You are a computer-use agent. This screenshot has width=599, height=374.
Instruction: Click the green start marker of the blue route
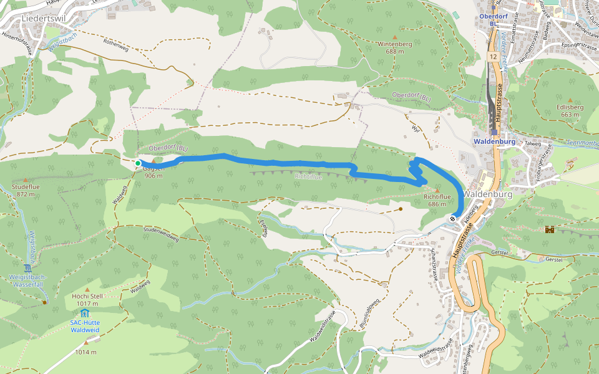pos(138,163)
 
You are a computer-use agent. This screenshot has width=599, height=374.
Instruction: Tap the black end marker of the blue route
pos(452,218)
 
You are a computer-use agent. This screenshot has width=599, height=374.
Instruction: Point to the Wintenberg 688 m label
pos(394,48)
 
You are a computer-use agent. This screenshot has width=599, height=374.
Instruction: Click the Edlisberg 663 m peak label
pos(572,110)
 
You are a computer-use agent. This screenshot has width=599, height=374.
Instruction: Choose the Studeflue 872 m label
pos(25,190)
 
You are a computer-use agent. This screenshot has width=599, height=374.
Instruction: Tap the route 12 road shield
pos(493,57)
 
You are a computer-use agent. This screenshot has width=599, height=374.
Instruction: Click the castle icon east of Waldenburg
pos(550,229)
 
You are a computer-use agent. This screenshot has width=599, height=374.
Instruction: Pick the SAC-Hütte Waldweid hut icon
pos(85,312)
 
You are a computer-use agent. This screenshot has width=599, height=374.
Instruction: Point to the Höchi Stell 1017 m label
pos(87,300)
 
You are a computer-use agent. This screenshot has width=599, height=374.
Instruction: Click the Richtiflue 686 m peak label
pos(437,200)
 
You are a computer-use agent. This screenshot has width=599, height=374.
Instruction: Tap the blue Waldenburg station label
pos(494,141)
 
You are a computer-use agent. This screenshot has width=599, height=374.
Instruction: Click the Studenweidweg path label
pos(161,234)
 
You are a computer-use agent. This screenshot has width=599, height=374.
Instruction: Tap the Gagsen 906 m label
pos(153,171)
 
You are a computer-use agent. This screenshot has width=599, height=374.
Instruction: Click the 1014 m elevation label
pos(86,352)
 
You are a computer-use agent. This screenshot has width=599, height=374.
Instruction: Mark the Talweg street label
pos(532,143)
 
